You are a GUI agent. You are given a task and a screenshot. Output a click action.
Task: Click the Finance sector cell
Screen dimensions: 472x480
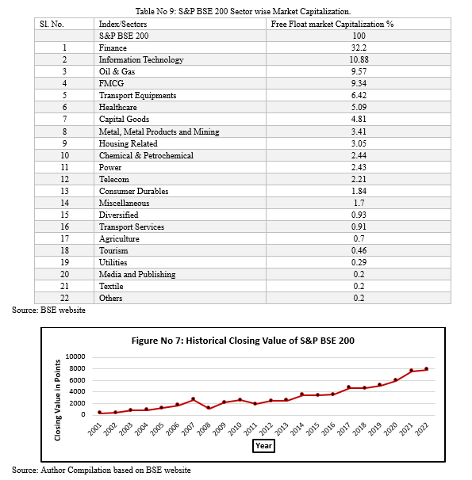click(113, 48)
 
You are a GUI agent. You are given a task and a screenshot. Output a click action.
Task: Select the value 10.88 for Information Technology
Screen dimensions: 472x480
click(359, 59)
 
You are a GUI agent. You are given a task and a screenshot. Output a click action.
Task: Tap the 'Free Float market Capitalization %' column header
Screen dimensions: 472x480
click(332, 24)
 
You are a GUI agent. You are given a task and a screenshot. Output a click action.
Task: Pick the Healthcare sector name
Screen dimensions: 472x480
click(117, 107)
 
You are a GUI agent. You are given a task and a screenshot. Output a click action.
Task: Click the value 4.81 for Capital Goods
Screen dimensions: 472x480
click(359, 119)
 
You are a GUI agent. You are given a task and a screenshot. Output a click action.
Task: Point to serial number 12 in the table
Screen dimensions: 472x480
click(64, 179)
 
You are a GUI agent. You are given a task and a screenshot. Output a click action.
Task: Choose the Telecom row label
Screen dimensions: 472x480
click(113, 179)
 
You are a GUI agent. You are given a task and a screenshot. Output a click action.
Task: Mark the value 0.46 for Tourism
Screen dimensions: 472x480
click(359, 250)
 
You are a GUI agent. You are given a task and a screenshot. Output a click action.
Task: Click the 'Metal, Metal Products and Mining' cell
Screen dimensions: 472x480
click(159, 131)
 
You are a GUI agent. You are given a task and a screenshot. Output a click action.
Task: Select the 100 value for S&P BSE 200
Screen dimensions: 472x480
click(359, 36)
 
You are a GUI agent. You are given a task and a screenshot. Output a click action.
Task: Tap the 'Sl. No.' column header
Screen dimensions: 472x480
click(52, 24)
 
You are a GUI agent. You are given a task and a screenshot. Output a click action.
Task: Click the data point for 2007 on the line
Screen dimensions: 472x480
click(193, 399)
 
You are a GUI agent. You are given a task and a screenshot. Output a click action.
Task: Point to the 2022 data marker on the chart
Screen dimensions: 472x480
click(426, 369)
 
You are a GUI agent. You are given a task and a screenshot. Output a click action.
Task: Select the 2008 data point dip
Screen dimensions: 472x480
click(209, 408)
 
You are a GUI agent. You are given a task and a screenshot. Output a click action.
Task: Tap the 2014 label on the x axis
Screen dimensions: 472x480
click(297, 429)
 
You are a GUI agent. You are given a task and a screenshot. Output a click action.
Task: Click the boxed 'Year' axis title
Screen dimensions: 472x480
click(263, 446)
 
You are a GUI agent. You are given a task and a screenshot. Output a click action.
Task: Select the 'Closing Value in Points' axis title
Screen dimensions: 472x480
click(57, 400)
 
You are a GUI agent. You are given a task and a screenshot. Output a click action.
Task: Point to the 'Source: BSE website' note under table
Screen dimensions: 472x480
click(48, 310)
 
